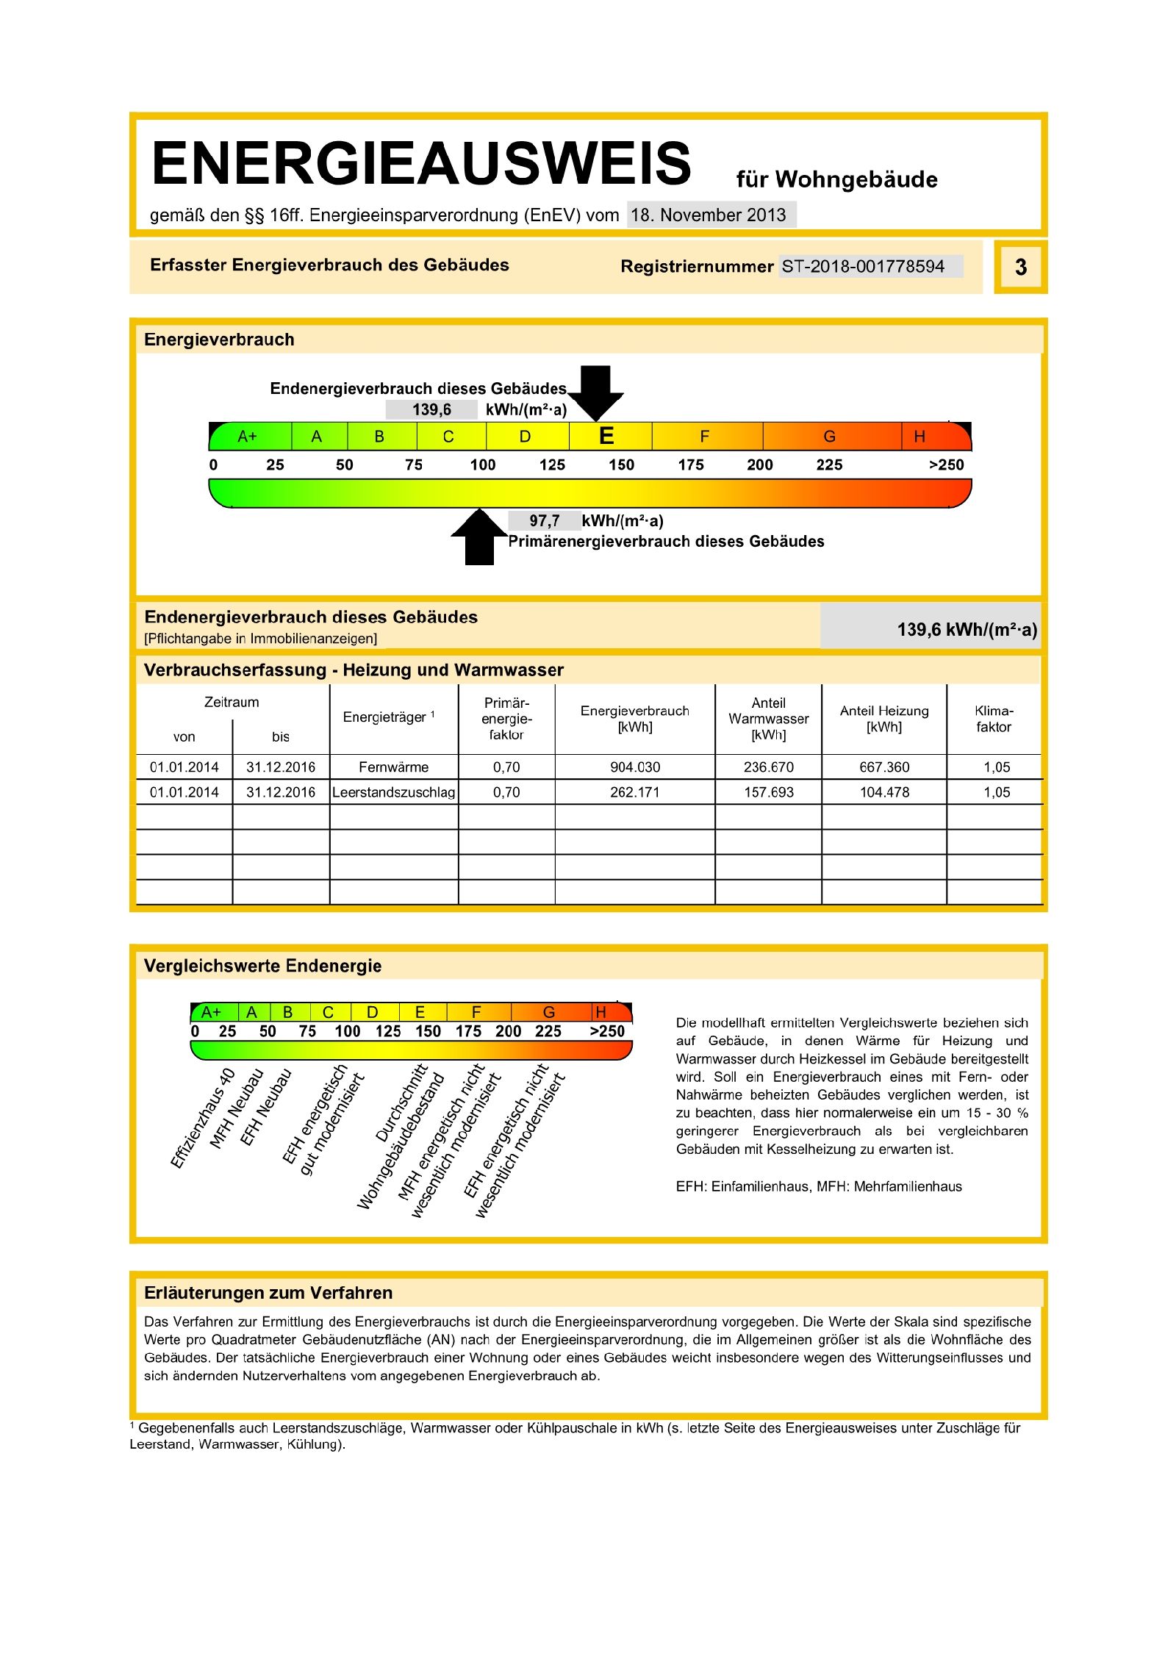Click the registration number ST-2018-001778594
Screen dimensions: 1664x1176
pos(863,266)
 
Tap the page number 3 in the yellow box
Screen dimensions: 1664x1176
pos(1020,267)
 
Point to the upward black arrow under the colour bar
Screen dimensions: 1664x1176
pos(479,537)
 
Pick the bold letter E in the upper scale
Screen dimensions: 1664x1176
pos(606,437)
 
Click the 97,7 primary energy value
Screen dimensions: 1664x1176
pos(545,521)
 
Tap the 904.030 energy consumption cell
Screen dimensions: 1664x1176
pos(635,767)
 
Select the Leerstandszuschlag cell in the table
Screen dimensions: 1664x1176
pos(394,792)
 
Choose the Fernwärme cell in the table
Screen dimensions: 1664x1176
pos(394,767)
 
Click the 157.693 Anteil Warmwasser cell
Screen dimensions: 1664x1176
pos(769,792)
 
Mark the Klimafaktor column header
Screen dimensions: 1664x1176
pos(994,719)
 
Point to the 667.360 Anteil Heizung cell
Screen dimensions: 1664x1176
pos(884,767)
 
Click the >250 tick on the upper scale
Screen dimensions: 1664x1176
pos(946,465)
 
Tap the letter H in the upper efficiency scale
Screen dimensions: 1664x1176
pos(919,437)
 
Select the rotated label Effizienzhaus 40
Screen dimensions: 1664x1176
pos(203,1118)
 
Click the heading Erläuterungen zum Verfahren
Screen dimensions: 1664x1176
pos(268,1293)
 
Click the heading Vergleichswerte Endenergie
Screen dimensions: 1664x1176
pos(262,966)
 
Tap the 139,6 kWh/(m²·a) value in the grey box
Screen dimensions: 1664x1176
pos(967,629)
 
